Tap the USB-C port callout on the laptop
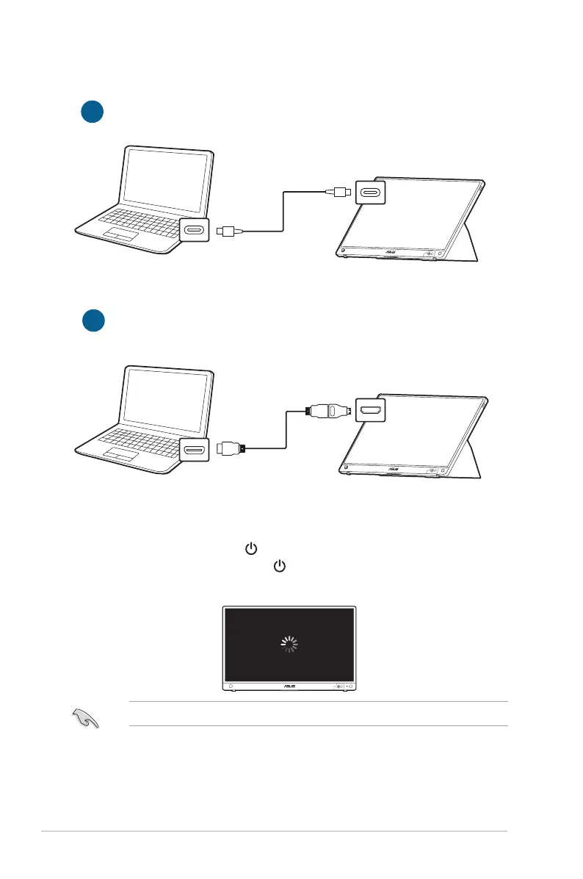coord(195,231)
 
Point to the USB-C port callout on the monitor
coord(370,192)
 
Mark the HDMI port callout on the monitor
coord(370,409)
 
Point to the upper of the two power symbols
coord(251,548)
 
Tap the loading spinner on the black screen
coord(291,645)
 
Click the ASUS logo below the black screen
coord(291,686)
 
